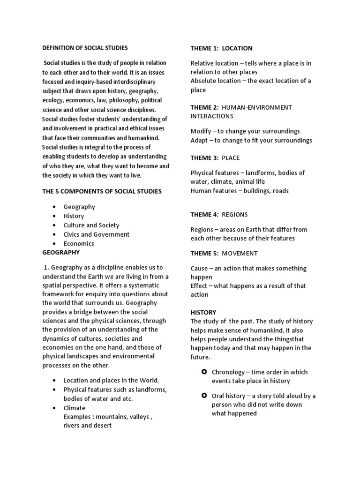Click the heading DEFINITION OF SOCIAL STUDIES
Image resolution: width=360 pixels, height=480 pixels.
coord(85,48)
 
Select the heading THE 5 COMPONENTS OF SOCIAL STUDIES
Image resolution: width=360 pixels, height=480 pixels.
coord(102,191)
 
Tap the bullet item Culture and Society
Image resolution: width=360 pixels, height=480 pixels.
coord(91,225)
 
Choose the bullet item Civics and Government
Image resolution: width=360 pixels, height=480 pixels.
coord(97,234)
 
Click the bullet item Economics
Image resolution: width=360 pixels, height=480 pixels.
coord(79,243)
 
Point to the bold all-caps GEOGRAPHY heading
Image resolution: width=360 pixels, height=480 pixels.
coord(61,252)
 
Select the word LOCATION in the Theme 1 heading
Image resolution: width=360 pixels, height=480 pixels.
coord(237,48)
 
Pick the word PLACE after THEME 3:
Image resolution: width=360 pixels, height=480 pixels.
coord(231,158)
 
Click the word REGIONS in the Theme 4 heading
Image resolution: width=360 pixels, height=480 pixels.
coord(235,215)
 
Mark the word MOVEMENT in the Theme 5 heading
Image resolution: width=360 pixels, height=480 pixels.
coord(240,254)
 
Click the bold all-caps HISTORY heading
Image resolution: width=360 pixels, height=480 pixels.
coord(203,312)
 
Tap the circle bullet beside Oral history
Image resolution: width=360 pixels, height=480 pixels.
coord(204,396)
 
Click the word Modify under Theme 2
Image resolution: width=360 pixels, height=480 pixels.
coord(200,131)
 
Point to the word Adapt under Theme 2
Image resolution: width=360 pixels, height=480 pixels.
coord(199,140)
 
